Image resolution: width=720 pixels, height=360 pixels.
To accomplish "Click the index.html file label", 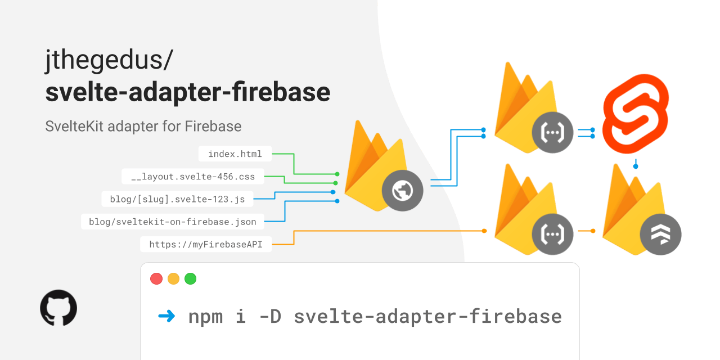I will [x=235, y=154].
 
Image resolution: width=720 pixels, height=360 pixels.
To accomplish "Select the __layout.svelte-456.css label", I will [x=193, y=177].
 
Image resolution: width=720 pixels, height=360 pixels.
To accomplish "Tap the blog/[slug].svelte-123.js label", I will [x=178, y=199].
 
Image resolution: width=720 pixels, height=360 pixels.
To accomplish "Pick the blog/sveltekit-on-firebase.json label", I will [x=172, y=222].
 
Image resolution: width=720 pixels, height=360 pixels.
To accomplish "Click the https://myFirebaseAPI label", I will [x=205, y=244].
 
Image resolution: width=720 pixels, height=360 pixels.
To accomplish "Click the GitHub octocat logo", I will [x=58, y=308].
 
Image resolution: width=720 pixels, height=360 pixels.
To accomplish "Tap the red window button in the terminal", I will [x=156, y=278].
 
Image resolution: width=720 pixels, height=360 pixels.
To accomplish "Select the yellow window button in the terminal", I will [x=173, y=278].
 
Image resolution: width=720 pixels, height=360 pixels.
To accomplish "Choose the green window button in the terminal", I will [x=190, y=278].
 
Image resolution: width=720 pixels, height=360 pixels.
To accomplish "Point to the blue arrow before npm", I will [x=166, y=316].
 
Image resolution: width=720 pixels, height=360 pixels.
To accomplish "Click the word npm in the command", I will [x=205, y=316].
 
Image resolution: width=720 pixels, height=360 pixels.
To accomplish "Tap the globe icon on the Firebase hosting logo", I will [x=402, y=191].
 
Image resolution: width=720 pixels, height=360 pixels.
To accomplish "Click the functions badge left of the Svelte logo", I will [x=552, y=133].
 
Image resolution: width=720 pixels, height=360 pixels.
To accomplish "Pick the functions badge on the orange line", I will [x=552, y=231].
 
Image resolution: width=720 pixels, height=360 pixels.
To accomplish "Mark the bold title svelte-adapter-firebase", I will [x=187, y=92].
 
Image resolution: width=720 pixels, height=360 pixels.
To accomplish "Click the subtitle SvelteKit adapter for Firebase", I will [x=143, y=126].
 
